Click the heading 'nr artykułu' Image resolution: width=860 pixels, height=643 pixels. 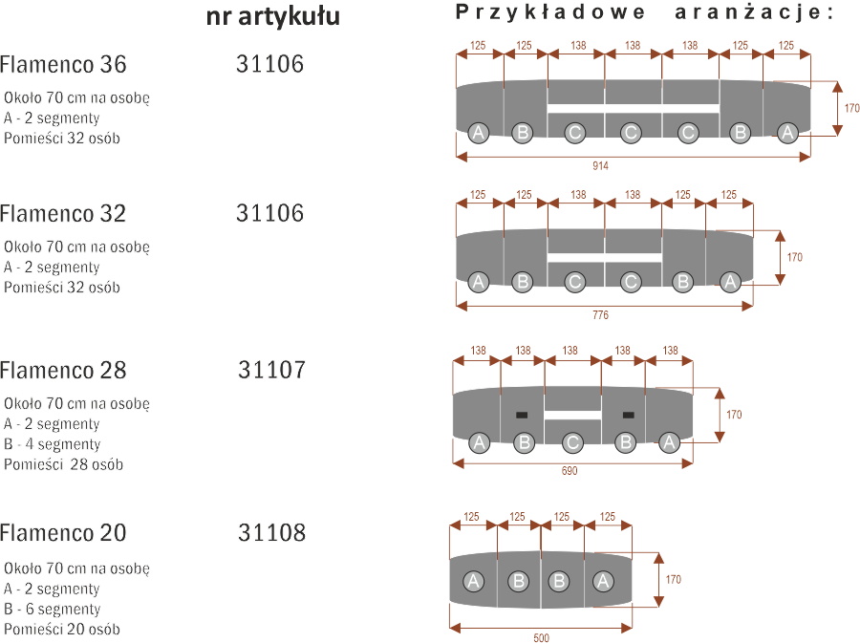(x=272, y=17)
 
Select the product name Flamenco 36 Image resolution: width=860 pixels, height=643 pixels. (x=63, y=65)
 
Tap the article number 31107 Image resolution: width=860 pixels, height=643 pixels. (x=271, y=370)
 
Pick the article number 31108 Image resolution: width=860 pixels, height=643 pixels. (x=271, y=533)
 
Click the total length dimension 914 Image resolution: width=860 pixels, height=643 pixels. (x=601, y=165)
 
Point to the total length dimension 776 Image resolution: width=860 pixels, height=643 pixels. (x=601, y=315)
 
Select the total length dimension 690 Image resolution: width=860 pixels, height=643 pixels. (x=570, y=471)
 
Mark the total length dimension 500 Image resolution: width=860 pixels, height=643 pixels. (x=542, y=637)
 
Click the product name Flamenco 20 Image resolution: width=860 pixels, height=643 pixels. (x=63, y=533)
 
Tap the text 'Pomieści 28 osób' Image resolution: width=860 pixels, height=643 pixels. (x=64, y=464)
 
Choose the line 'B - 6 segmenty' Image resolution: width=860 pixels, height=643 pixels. (x=53, y=609)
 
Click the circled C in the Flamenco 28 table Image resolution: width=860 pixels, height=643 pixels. (x=572, y=442)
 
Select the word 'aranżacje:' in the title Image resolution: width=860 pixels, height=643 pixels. (x=754, y=12)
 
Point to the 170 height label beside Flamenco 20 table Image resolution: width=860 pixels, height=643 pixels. (x=674, y=579)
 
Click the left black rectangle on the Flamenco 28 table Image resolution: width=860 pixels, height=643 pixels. (x=522, y=415)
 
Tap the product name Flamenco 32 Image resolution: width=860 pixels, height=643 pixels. (x=63, y=214)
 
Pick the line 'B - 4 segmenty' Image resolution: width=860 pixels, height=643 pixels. (x=53, y=444)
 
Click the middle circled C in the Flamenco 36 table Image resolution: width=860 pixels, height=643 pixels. (x=631, y=133)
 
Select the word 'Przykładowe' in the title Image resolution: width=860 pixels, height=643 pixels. (x=550, y=12)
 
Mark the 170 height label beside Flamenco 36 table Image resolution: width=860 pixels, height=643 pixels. (x=851, y=108)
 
